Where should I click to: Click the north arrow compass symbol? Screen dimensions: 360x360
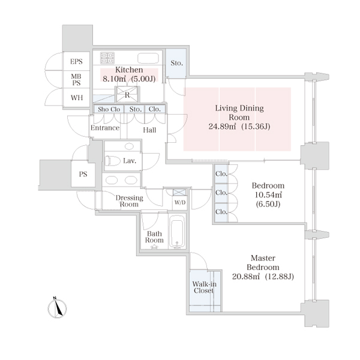(x=57, y=308)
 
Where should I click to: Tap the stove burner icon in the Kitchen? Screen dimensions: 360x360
(x=107, y=58)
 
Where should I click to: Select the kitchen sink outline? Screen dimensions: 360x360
(x=148, y=58)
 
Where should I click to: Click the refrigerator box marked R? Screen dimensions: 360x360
(x=127, y=94)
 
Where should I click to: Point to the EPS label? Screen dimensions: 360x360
(x=76, y=62)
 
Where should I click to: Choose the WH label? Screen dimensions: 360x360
(x=77, y=98)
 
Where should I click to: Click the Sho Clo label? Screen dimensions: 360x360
(x=109, y=109)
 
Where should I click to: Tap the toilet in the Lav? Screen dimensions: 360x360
(x=113, y=161)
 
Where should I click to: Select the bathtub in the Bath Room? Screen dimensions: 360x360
(x=177, y=232)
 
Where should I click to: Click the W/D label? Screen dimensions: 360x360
(x=180, y=203)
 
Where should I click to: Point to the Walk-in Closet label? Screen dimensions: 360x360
(x=204, y=287)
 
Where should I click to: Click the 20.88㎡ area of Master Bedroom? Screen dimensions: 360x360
(x=246, y=277)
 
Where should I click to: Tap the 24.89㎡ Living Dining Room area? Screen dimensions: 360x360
(x=222, y=127)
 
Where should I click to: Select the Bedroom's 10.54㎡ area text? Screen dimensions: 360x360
(x=268, y=195)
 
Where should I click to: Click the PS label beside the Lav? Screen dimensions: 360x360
(x=83, y=174)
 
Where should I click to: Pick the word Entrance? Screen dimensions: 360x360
(x=105, y=128)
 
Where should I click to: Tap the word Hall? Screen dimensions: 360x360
(x=149, y=130)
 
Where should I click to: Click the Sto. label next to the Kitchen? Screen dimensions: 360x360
(x=177, y=63)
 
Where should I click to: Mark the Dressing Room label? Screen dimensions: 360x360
(x=129, y=201)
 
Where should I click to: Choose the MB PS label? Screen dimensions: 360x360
(x=76, y=79)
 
